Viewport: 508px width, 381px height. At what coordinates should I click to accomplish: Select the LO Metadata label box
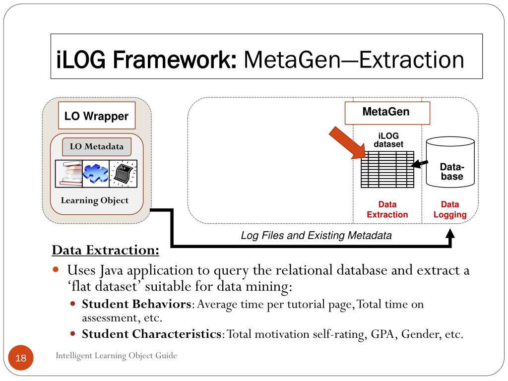[x=96, y=146]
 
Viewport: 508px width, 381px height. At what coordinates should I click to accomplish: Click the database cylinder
[x=450, y=162]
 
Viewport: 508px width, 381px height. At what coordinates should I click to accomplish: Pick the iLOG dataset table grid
[x=387, y=169]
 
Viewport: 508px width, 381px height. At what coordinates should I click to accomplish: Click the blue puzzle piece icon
[x=96, y=173]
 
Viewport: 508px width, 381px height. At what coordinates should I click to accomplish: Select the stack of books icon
[x=68, y=173]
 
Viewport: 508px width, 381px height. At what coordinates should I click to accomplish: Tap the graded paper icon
[x=123, y=173]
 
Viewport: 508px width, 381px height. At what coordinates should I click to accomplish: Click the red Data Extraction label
[x=387, y=210]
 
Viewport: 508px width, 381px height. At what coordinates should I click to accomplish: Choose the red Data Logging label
[x=450, y=210]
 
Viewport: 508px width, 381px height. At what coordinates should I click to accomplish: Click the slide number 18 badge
[x=21, y=358]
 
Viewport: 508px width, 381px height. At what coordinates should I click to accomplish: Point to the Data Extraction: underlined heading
[x=106, y=250]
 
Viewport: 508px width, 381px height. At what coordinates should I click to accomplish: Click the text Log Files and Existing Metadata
[x=316, y=236]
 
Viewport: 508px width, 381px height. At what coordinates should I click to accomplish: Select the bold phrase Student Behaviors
[x=136, y=304]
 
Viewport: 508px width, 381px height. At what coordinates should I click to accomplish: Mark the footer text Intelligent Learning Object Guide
[x=116, y=355]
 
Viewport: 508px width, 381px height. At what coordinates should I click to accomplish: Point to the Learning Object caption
[x=94, y=200]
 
